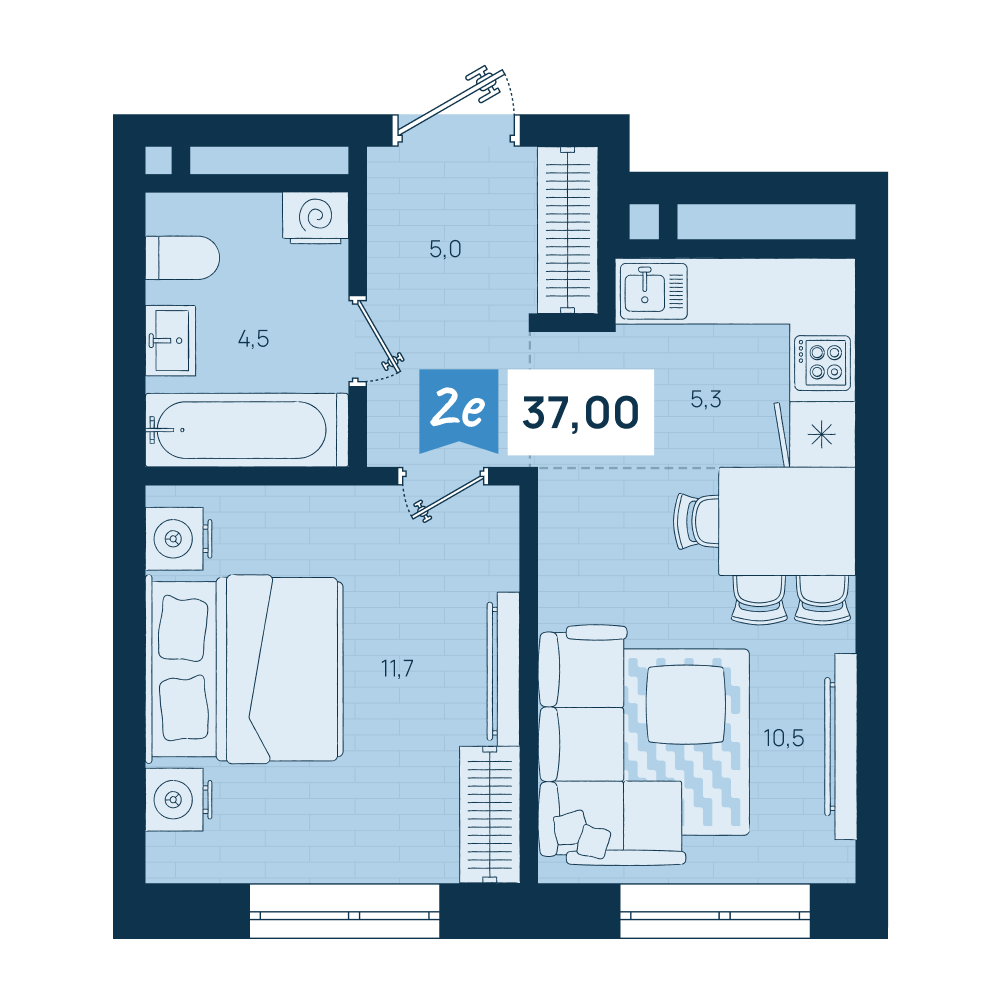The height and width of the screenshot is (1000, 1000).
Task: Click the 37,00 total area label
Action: tap(580, 412)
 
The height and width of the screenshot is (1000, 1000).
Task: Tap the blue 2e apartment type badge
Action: tap(458, 409)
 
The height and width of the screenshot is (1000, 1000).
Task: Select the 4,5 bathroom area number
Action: tap(253, 339)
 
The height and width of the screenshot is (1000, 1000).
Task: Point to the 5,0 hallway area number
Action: tap(445, 249)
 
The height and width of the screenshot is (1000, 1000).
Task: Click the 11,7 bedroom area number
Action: tap(397, 668)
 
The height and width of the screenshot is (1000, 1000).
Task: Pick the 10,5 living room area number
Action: tap(784, 738)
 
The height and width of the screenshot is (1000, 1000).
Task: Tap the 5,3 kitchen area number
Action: tap(706, 399)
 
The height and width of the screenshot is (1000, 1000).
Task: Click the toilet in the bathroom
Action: tap(182, 258)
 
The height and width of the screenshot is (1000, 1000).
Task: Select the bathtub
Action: tap(246, 430)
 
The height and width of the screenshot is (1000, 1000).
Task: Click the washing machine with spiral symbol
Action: tap(316, 217)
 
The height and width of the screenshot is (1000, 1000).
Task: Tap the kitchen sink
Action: tap(653, 291)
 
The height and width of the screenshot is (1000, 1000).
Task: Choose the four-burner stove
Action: tap(823, 363)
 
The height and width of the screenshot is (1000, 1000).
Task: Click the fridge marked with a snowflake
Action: tap(822, 434)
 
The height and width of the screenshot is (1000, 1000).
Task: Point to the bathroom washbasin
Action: tap(170, 340)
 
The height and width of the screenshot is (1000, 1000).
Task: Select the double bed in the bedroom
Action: tap(245, 669)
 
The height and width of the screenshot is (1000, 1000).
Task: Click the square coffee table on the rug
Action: tap(686, 705)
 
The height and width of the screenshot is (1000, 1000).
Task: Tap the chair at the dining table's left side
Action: tap(696, 521)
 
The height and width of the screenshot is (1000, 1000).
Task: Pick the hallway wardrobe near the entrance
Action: tap(568, 230)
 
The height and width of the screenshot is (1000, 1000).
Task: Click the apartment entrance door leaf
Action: tap(450, 102)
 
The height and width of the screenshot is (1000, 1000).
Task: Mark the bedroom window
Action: tap(344, 911)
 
